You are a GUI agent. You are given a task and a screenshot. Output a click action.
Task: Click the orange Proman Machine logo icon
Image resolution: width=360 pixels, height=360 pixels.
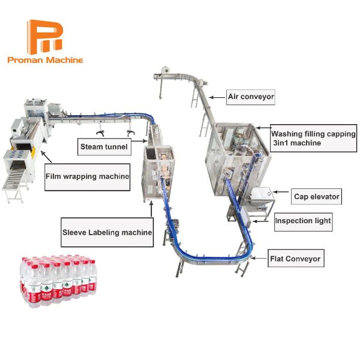[x=45, y=37]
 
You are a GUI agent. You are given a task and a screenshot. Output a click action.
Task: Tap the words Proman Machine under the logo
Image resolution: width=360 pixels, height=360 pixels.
[x=45, y=60]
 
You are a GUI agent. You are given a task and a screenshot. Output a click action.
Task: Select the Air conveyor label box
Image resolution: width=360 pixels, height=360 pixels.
[x=250, y=97]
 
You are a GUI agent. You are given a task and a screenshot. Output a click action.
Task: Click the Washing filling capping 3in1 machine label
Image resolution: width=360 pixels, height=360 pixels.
[x=313, y=138]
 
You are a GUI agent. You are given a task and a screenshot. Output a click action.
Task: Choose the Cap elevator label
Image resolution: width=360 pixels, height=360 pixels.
[x=316, y=197]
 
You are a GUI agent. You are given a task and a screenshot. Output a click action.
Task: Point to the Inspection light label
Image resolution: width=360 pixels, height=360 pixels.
[x=303, y=222]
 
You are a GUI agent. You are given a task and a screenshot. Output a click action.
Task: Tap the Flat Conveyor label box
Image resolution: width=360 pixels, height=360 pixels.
[x=296, y=258]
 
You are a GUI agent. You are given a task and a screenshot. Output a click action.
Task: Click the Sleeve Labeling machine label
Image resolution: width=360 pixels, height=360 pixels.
[x=107, y=232]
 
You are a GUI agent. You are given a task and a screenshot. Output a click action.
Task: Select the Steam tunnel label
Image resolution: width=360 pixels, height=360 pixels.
[x=104, y=147]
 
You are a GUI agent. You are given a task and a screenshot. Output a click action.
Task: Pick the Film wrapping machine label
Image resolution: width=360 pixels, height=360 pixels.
[x=87, y=177]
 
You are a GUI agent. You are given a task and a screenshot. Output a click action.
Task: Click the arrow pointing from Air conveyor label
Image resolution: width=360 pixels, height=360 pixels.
[x=217, y=97]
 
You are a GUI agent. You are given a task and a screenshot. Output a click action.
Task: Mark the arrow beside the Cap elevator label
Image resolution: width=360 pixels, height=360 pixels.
[x=281, y=192]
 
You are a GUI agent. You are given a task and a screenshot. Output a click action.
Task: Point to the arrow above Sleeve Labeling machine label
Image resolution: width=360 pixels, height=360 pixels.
[x=151, y=209]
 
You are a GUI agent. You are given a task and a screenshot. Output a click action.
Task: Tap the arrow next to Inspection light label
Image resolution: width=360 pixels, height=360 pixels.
[x=260, y=221]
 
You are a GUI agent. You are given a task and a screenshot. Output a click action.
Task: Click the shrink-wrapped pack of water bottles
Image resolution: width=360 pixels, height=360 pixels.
[x=59, y=281]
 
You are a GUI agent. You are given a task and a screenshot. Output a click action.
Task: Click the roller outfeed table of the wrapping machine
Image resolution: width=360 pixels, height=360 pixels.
[x=14, y=182]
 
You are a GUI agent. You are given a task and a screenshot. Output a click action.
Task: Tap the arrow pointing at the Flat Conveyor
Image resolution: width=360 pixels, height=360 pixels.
[x=259, y=258]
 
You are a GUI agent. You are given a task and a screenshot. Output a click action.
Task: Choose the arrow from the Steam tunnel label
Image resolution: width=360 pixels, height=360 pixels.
[x=139, y=141]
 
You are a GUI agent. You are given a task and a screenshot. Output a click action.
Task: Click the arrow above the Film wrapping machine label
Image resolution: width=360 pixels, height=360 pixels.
[x=46, y=157]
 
